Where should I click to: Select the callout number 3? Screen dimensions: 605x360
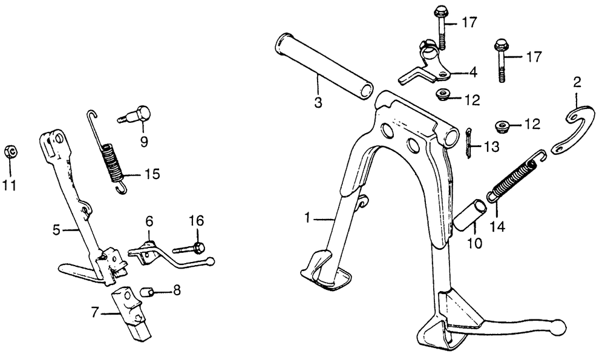(x=318, y=103)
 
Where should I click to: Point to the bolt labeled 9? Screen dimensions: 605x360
(x=135, y=114)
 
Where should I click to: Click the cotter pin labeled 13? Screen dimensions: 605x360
(x=468, y=143)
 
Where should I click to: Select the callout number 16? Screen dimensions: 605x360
(x=197, y=221)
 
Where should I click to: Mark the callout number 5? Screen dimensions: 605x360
(x=57, y=231)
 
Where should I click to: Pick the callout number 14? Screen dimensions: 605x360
(x=497, y=227)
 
